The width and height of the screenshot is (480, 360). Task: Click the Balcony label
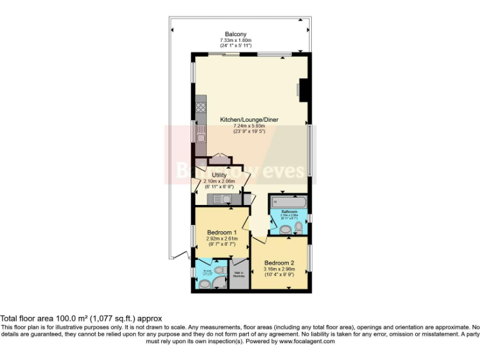(x=236, y=34)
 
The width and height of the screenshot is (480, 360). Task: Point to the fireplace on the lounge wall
(x=303, y=89)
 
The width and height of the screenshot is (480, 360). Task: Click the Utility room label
(x=219, y=175)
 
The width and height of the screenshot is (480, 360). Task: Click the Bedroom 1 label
(x=221, y=232)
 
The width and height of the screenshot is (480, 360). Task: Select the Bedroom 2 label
(x=279, y=262)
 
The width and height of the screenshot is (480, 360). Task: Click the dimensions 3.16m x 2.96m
(x=279, y=269)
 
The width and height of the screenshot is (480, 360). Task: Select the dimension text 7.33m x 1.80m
(x=236, y=41)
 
